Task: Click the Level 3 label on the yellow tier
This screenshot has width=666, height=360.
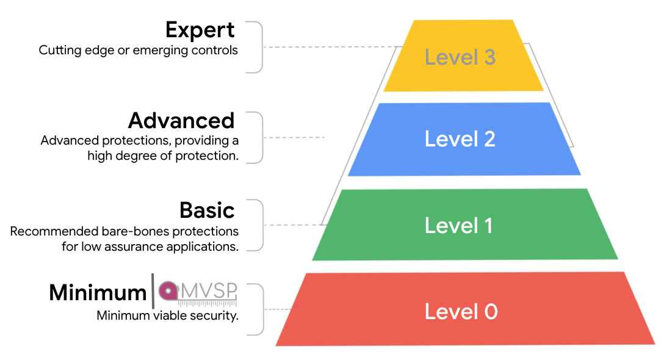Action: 460,57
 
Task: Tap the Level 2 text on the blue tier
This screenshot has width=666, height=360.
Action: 460,139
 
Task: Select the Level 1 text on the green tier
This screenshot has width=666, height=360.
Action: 458,225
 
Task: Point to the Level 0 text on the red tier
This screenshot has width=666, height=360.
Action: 461,312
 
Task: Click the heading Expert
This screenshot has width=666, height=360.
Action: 200,30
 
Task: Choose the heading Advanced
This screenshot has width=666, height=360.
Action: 181,120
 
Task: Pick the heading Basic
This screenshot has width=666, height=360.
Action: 207,211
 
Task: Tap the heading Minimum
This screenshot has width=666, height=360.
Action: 98,293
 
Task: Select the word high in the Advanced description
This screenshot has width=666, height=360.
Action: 99,156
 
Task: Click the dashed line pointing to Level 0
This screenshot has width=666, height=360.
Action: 278,309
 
